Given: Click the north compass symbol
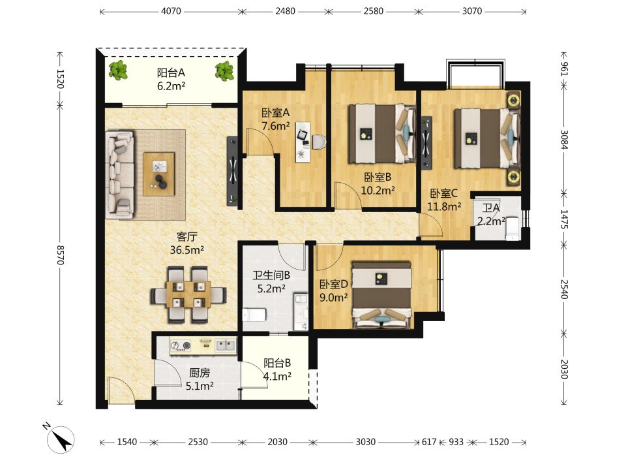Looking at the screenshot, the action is (61, 439).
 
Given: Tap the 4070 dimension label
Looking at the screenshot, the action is (171, 11).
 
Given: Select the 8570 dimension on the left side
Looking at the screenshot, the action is (60, 255).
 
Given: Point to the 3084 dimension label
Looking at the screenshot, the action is (564, 139).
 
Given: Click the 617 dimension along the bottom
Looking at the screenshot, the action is (429, 442).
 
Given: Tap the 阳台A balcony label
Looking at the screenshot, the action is (171, 72).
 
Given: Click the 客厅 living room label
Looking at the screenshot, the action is (187, 236).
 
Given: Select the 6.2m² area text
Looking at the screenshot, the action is (171, 86).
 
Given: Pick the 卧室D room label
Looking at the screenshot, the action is (334, 284).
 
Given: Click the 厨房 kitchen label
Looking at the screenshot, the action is (200, 373).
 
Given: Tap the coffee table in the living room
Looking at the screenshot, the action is (159, 174).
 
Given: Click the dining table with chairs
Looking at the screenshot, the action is (188, 294).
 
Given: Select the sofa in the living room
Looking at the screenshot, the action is (120, 175).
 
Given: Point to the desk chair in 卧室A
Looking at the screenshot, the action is (319, 142).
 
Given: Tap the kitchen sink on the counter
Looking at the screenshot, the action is (226, 345).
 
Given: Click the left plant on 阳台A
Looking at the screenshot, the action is (118, 70).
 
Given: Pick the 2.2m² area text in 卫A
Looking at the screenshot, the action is (492, 221).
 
